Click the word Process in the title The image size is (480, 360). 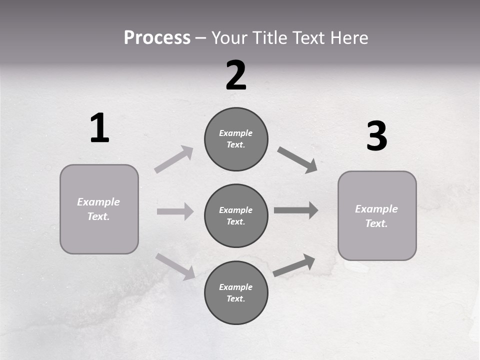point(157,38)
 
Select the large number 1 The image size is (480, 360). point(99,128)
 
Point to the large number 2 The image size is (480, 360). point(236,75)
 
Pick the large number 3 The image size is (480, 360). point(376,136)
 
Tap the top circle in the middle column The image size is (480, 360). point(236,139)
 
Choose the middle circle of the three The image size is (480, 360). point(236,215)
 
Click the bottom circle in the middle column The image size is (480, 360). point(236,292)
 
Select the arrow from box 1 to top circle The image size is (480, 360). point(174,159)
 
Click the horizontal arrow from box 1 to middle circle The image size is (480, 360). point(175,211)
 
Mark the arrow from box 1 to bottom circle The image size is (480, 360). point(175,266)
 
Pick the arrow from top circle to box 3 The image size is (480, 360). point(297,159)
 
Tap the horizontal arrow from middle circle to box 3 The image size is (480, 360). point(296,210)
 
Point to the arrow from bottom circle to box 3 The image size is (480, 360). point(294,265)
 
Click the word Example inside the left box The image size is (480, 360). point(98,202)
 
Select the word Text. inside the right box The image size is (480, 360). point(376,223)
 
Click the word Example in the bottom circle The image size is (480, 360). point(235,287)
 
